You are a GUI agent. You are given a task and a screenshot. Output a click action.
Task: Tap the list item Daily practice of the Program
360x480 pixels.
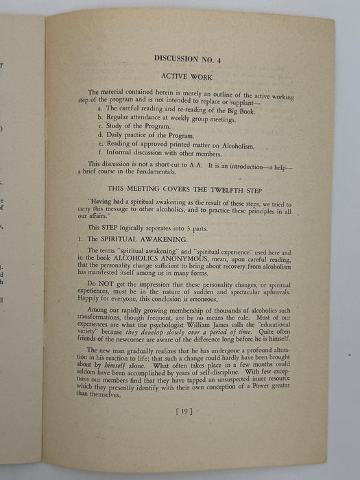tap(148, 136)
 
